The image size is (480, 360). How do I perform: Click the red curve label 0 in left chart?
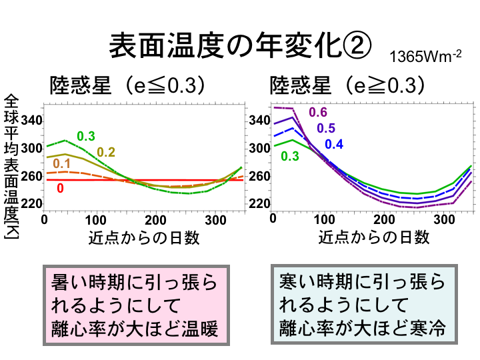point(60,189)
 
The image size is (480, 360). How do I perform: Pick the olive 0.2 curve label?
point(107,152)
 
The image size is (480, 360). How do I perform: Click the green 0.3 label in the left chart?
point(86,136)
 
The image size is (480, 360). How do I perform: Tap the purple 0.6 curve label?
point(318,112)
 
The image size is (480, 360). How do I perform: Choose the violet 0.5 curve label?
point(326,128)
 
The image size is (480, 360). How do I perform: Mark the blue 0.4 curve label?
point(334,144)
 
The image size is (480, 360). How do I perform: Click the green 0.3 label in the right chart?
point(290,156)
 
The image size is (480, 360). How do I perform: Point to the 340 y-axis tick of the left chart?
point(32,121)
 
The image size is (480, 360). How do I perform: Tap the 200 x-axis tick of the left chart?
point(155,219)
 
